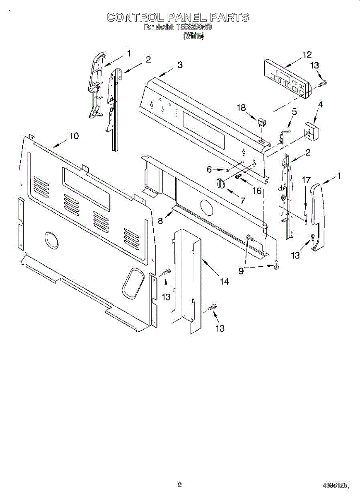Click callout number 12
307,55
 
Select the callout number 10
74,136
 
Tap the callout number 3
180,65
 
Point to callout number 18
241,108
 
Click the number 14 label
224,282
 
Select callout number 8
160,221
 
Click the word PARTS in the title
230,17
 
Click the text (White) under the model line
193,36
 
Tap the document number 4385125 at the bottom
335,485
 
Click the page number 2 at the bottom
180,484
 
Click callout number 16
257,191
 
